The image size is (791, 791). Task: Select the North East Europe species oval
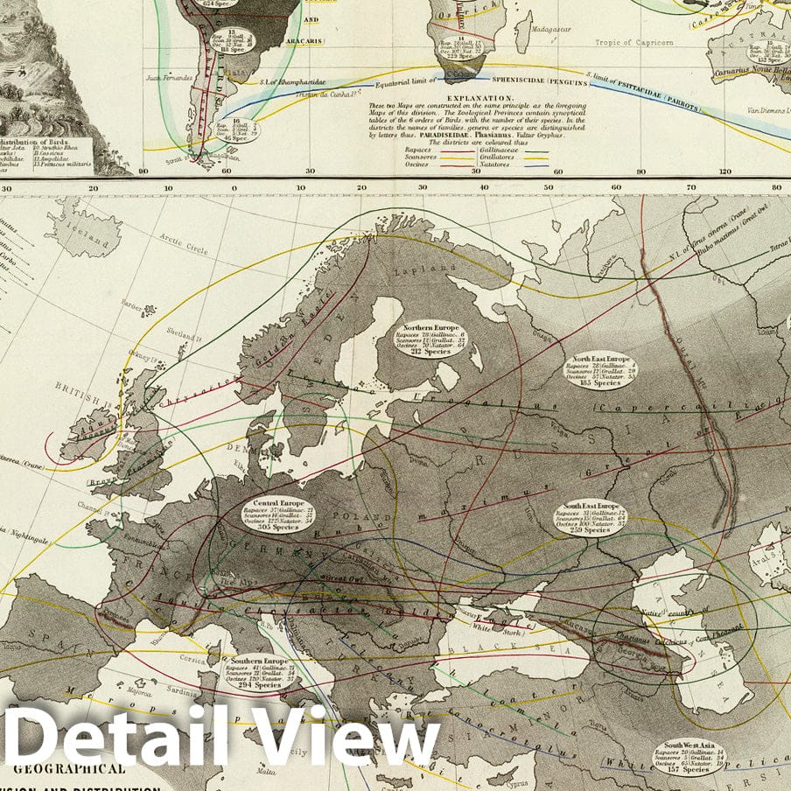600,370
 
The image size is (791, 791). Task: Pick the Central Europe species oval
278,515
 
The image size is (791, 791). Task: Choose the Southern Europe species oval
258,672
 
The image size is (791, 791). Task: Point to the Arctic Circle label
185,244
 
